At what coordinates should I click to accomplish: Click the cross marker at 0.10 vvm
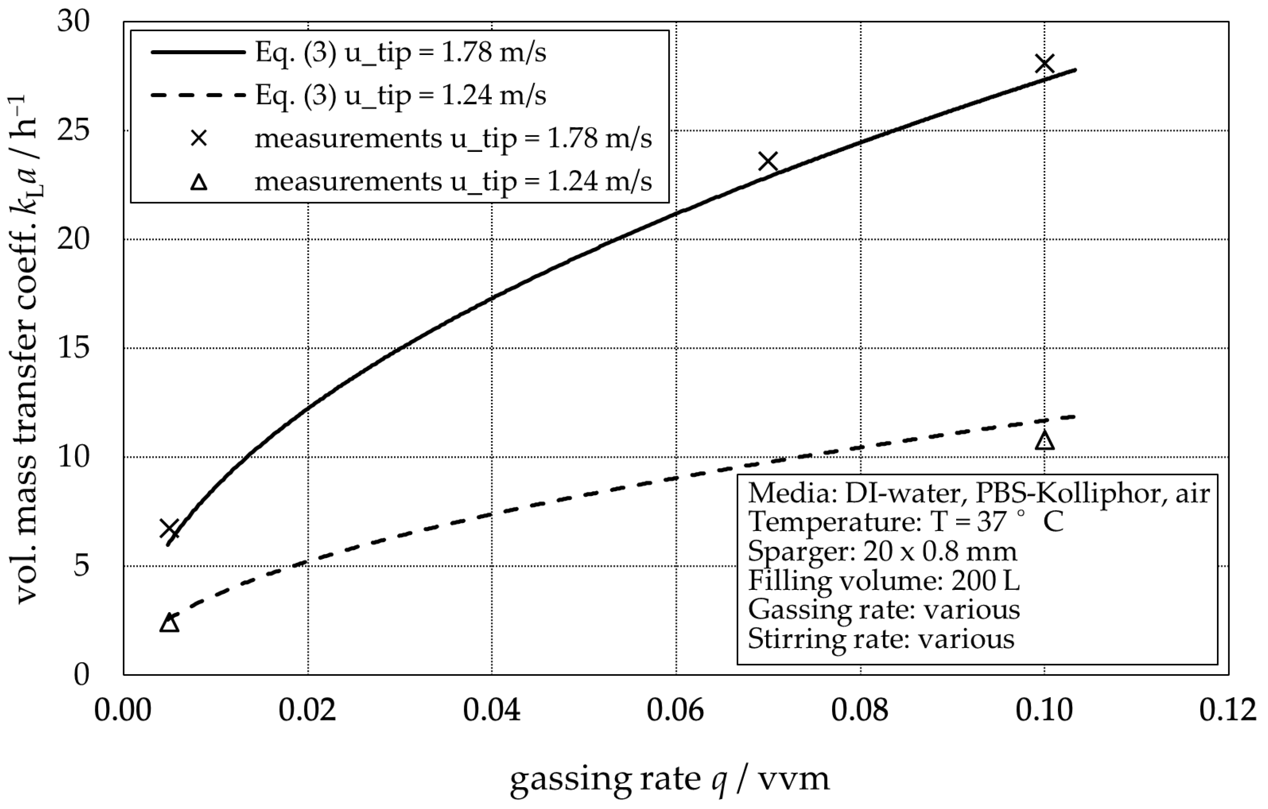(x=1045, y=64)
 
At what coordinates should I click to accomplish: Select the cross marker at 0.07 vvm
(x=768, y=162)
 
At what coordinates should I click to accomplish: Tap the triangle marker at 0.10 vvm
(x=1045, y=441)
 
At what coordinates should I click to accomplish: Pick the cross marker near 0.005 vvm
(x=169, y=529)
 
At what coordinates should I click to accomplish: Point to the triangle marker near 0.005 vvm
(x=169, y=623)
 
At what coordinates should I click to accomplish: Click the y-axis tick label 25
(x=74, y=131)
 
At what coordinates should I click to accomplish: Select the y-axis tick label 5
(x=81, y=566)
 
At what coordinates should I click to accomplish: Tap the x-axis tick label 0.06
(x=675, y=711)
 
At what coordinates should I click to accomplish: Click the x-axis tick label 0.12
(x=1227, y=711)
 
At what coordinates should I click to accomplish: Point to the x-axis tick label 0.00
(x=123, y=711)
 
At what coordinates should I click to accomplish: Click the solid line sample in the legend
(x=198, y=52)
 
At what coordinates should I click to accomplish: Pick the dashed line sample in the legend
(x=198, y=95)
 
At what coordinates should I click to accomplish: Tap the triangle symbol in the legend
(x=198, y=182)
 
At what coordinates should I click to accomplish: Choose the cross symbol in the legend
(x=198, y=139)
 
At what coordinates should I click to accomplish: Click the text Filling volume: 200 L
(x=884, y=581)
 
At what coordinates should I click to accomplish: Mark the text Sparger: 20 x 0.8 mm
(x=882, y=551)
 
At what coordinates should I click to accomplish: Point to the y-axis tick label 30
(x=74, y=22)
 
